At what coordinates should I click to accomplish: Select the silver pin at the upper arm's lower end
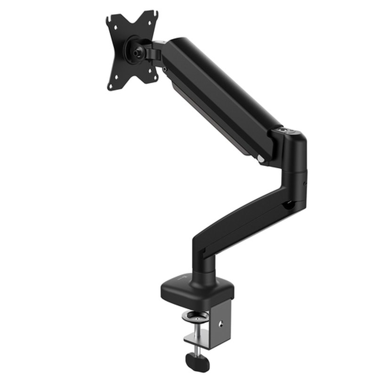tap(261, 159)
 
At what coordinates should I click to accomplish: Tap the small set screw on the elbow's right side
tap(305, 183)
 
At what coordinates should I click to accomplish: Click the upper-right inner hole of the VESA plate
tap(149, 24)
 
